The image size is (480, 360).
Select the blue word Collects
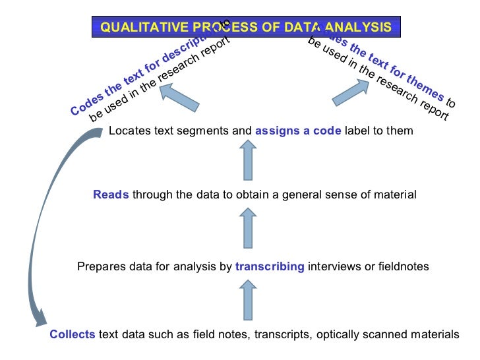coord(73,334)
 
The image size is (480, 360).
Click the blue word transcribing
coord(270,266)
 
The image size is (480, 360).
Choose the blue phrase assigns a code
coord(298,131)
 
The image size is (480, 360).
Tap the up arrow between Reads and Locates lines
coord(247,162)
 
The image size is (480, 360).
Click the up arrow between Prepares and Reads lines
coord(247,228)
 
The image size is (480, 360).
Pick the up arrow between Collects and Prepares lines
coord(247,300)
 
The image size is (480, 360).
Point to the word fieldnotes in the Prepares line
coord(404,266)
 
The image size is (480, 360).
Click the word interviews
coord(331,266)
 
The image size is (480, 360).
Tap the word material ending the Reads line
coord(397,195)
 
